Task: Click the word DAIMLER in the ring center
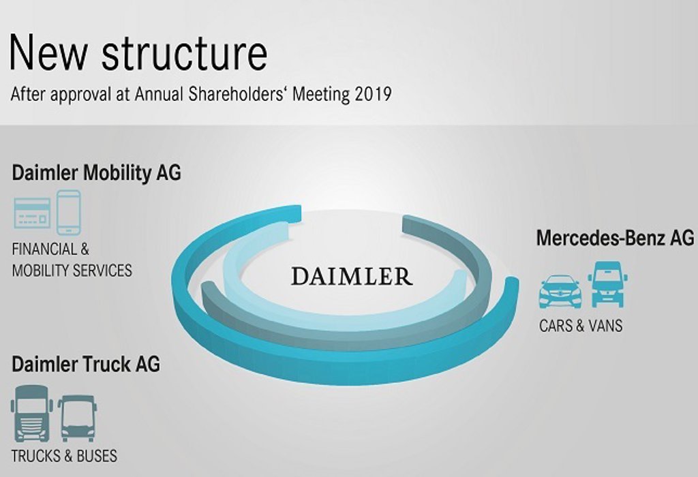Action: point(351,276)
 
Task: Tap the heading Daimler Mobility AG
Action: point(96,172)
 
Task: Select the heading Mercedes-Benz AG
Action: point(615,238)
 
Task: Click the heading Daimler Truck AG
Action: point(86,364)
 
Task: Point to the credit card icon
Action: point(32,213)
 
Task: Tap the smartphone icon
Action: point(68,213)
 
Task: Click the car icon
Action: point(560,291)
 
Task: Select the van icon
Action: point(608,284)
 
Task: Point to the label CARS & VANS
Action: point(581,326)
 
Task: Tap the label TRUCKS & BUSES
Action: point(64,455)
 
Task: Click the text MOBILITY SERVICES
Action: point(72,271)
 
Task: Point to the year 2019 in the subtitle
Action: point(373,94)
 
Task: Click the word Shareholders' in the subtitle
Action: point(243,94)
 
